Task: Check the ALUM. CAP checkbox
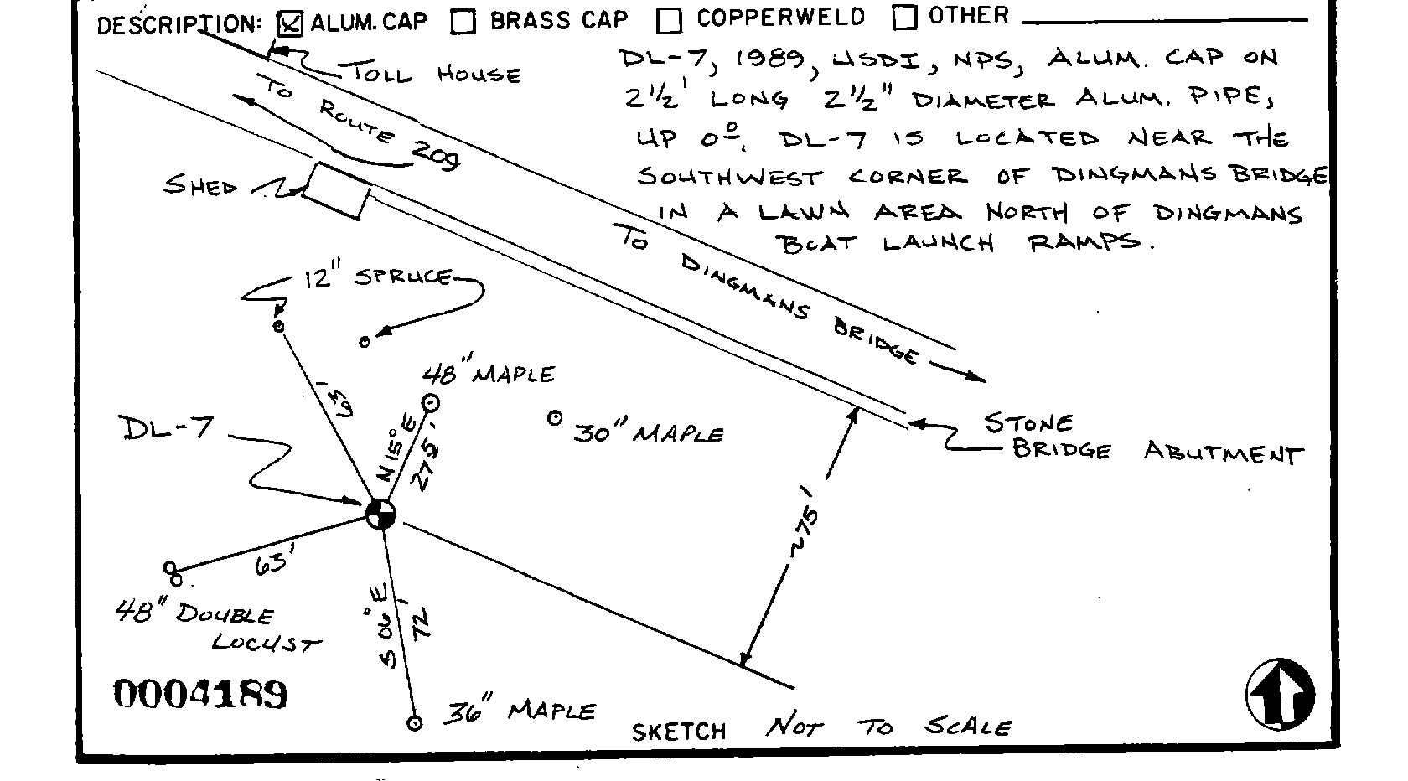click(290, 24)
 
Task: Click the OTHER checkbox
click(904, 17)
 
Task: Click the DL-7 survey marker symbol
click(380, 514)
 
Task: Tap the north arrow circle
click(1280, 694)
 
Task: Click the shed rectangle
click(335, 191)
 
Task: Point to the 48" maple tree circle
click(431, 403)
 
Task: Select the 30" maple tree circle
click(554, 417)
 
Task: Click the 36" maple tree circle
click(414, 722)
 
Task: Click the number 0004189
click(200, 694)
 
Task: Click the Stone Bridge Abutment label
click(1140, 437)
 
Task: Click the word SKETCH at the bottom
click(679, 731)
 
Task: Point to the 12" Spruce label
click(377, 277)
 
